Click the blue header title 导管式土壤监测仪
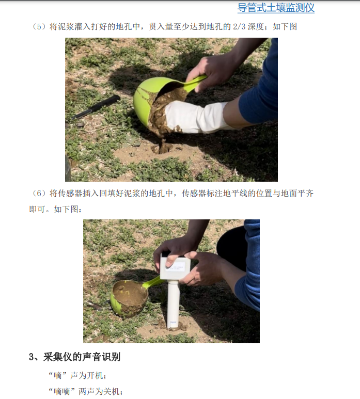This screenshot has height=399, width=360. click(x=276, y=8)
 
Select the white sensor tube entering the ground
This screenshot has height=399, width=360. click(x=173, y=305)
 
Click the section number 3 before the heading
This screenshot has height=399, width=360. click(x=32, y=357)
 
